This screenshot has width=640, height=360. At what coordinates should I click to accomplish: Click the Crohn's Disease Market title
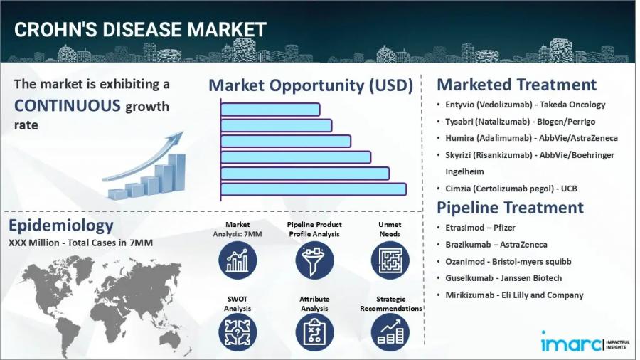(x=140, y=29)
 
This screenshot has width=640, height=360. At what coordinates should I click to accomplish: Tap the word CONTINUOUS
(x=68, y=106)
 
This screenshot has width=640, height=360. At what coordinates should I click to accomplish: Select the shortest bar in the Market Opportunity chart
(x=270, y=110)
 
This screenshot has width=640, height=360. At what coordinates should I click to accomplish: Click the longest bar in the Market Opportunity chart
(x=314, y=189)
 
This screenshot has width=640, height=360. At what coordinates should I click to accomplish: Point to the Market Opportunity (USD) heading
(x=311, y=85)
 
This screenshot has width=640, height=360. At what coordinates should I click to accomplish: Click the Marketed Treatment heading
(x=516, y=84)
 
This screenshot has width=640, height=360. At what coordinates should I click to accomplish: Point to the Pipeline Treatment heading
(x=510, y=208)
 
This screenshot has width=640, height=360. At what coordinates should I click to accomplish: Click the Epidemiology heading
(x=61, y=226)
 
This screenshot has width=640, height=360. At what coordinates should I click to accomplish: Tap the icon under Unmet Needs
(x=390, y=260)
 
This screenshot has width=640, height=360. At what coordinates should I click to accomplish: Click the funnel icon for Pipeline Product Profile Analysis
(x=314, y=260)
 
